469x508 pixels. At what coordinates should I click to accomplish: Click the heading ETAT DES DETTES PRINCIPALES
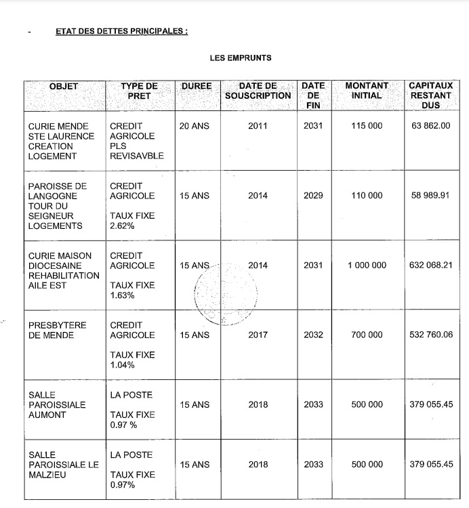121,32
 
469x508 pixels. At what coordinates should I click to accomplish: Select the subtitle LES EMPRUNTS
241,58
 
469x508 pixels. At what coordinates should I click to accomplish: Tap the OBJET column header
64,87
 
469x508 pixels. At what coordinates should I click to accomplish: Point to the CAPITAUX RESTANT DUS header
430,96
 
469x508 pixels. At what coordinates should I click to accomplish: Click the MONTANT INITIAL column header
367,91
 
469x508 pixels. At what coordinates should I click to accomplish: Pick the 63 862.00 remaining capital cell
430,126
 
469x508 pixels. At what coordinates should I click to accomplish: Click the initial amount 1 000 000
367,266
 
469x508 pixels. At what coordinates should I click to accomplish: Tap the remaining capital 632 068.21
430,266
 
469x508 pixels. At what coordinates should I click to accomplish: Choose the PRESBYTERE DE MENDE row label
58,330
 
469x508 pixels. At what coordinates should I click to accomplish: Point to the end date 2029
313,196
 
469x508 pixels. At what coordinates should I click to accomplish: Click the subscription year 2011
258,126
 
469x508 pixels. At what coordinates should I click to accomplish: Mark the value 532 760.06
430,335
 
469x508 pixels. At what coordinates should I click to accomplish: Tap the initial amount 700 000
367,335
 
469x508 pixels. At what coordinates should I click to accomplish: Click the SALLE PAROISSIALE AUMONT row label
58,404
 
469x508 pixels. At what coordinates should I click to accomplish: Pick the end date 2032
313,335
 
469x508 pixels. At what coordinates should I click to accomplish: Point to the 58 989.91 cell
430,196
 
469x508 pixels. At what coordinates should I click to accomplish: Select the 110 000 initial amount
367,196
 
